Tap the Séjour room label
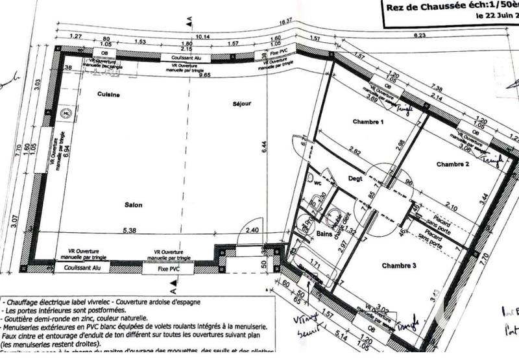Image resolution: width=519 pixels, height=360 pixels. (241, 104)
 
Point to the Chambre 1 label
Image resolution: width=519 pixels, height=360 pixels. (368, 122)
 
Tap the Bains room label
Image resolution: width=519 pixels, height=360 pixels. (324, 234)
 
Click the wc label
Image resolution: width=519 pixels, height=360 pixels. (318, 183)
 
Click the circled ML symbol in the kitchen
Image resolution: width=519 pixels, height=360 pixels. (66, 114)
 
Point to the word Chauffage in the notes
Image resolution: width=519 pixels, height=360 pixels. (25, 302)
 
